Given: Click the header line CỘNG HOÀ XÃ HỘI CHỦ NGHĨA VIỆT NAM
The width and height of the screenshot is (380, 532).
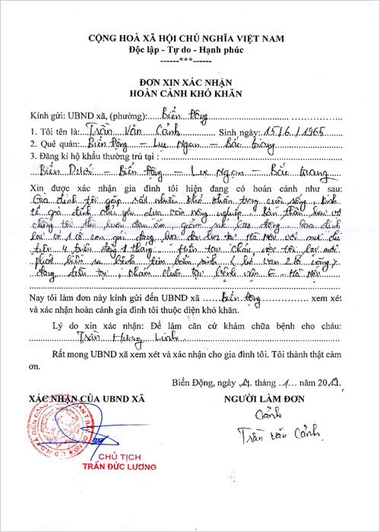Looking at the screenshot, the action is click(190, 36).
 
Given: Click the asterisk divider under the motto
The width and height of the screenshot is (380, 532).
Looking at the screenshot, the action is click(190, 59).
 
